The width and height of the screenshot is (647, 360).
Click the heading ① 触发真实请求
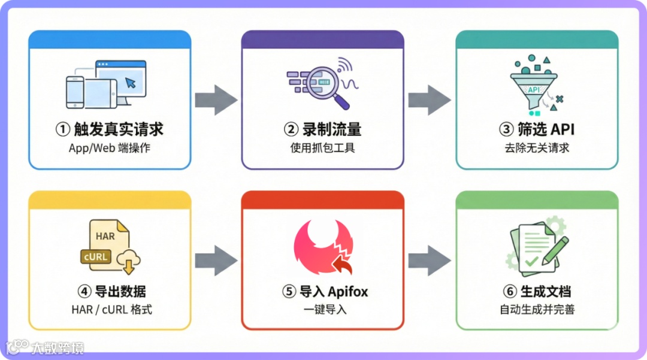(x=110, y=129)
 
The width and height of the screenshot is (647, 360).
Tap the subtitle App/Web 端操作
(x=110, y=147)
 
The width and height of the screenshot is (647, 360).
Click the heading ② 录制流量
(x=322, y=129)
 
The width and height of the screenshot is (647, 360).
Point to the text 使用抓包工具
(x=322, y=147)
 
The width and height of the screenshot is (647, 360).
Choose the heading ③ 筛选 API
(x=537, y=129)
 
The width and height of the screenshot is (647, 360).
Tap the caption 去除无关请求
(x=537, y=147)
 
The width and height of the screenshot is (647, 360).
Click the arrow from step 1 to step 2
(x=216, y=99)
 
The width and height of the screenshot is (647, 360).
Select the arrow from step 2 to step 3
(x=430, y=99)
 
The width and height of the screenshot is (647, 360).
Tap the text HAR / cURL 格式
(x=110, y=309)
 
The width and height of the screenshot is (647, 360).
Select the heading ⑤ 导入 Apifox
(x=325, y=292)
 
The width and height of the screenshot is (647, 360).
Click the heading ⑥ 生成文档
(x=537, y=292)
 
